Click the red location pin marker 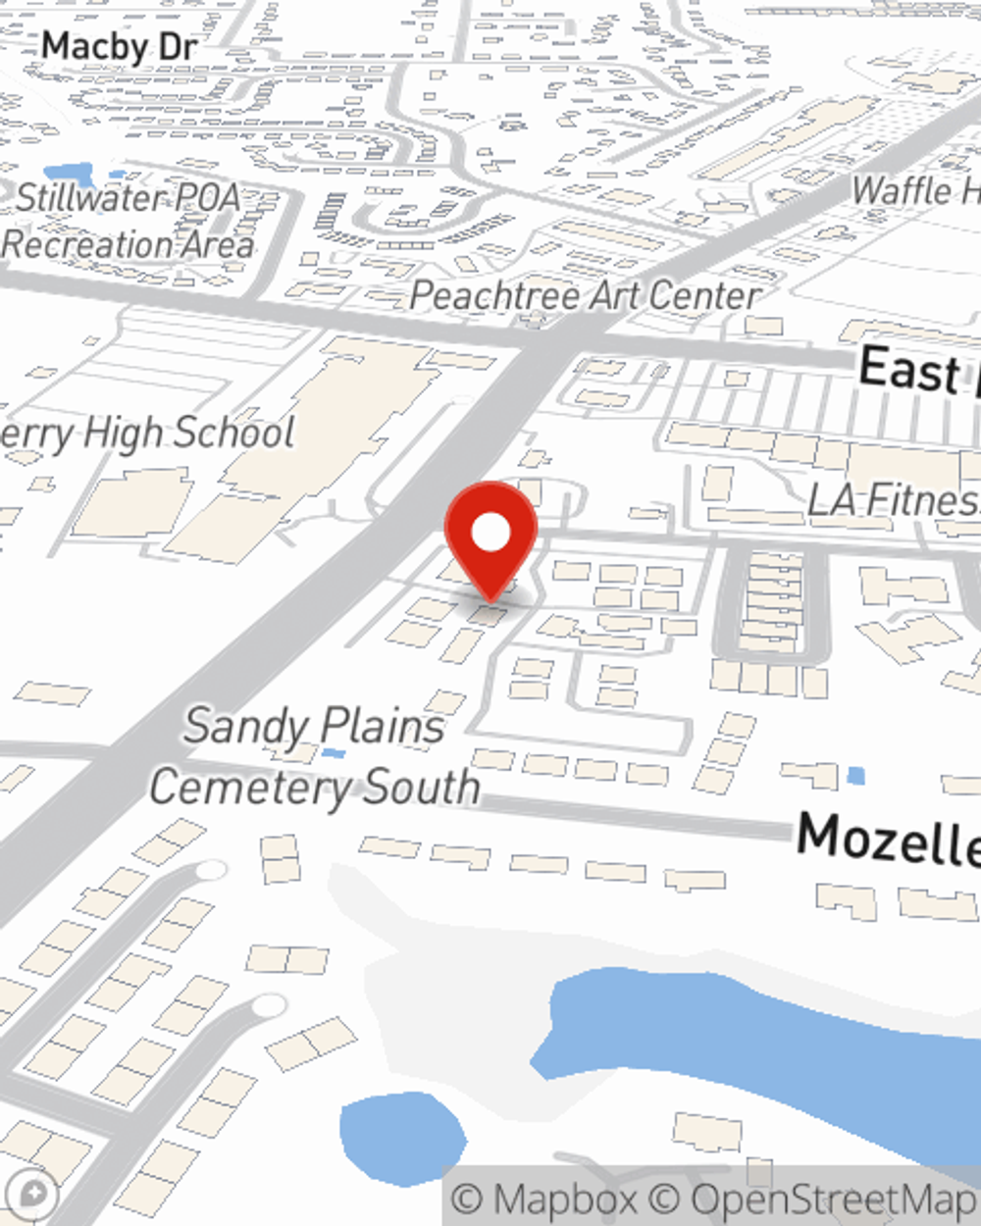490,539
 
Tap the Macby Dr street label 120,46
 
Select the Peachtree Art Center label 585,295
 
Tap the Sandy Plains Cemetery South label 314,757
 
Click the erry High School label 147,433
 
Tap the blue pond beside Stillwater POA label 69,175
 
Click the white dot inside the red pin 490,533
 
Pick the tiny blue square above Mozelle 855,777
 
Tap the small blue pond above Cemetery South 334,753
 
